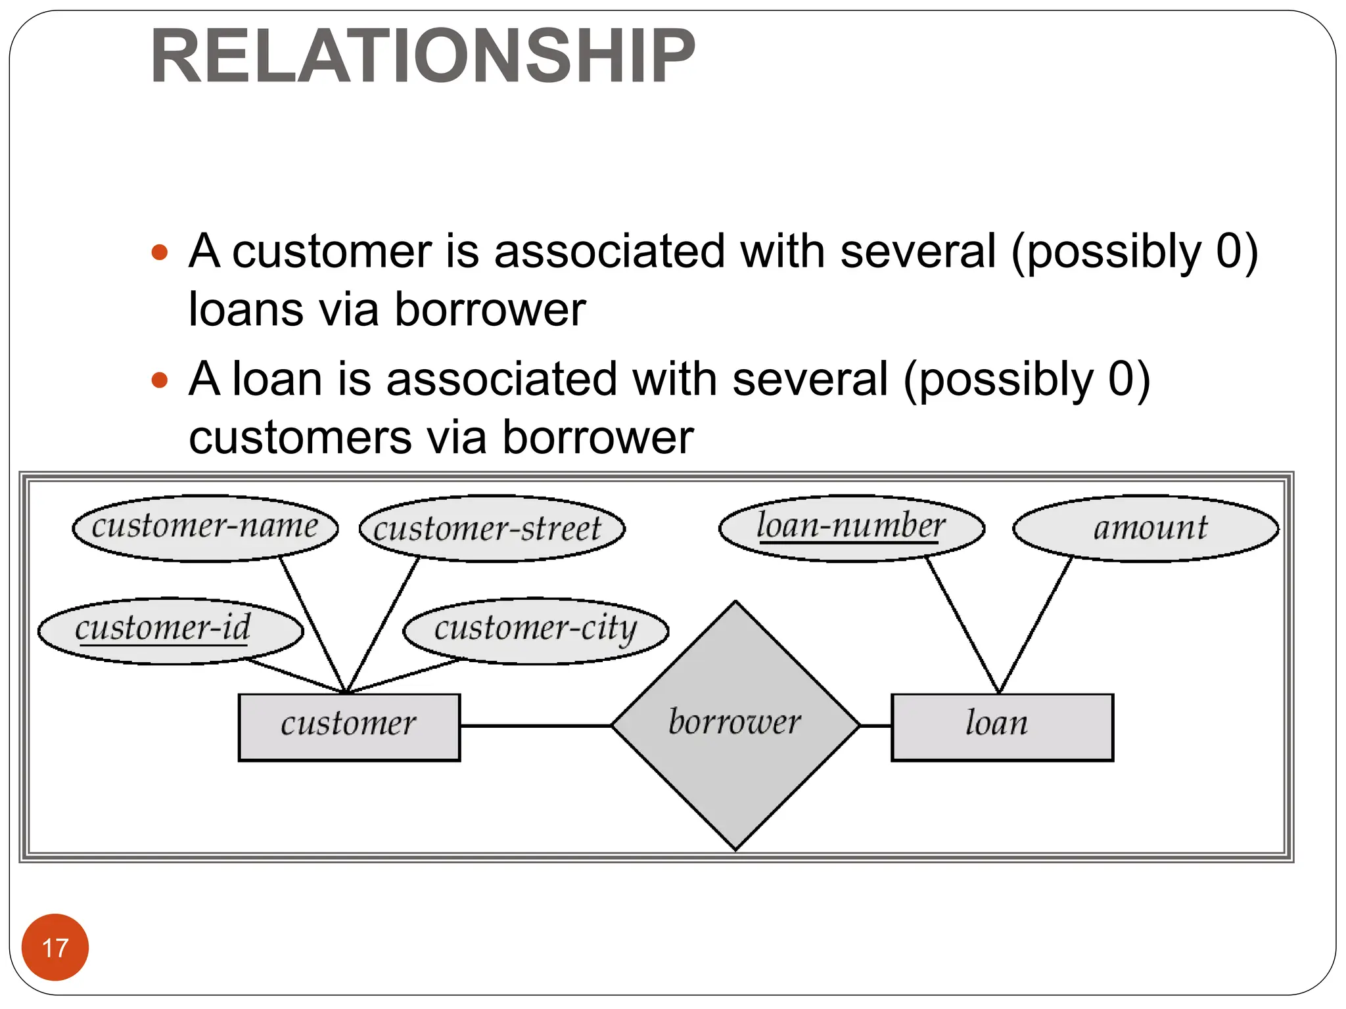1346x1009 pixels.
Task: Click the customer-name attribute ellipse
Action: tap(205, 528)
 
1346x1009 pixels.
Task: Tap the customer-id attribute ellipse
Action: tap(170, 631)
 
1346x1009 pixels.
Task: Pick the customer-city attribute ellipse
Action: tap(536, 631)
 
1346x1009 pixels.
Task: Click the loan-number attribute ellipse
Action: tap(852, 528)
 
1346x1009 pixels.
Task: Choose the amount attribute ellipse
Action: tap(1146, 528)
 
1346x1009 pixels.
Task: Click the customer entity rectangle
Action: tap(349, 727)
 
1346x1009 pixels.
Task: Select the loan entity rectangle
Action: tap(1002, 727)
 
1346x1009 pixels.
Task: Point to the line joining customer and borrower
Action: tap(536, 725)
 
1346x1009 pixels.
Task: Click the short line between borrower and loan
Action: tap(875, 725)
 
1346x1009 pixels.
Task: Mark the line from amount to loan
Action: tap(1036, 624)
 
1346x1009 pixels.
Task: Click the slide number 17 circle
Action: tap(55, 947)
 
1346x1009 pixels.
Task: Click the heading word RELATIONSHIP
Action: tap(423, 56)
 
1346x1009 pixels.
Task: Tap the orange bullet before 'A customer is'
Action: tap(160, 252)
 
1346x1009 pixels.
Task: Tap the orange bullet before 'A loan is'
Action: tap(160, 380)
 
